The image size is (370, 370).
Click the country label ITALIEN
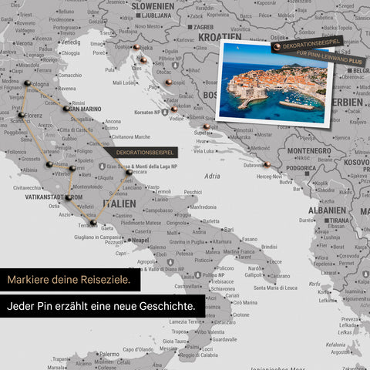[119, 203]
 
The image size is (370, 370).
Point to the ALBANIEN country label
[327, 210]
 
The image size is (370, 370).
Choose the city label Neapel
[140, 240]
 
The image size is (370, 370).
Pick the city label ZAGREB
[203, 26]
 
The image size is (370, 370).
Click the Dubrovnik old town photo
[275, 86]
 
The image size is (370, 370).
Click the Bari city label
[229, 229]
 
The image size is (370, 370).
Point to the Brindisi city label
[269, 247]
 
